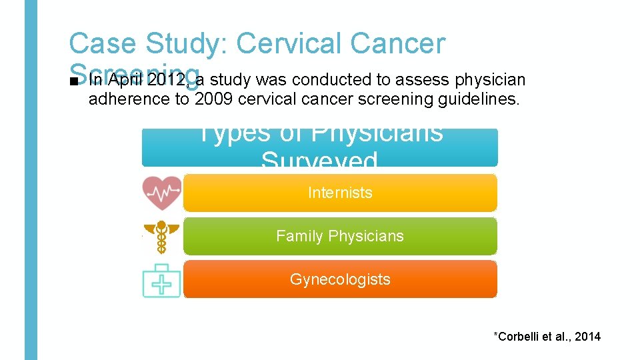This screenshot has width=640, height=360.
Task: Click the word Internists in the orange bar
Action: click(340, 193)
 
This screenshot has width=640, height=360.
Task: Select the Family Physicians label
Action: click(340, 236)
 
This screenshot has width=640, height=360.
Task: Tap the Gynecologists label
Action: click(340, 279)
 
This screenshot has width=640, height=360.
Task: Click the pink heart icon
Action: click(161, 193)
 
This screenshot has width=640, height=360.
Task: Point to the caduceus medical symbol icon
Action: click(161, 237)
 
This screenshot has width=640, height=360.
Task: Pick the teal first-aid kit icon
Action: click(161, 279)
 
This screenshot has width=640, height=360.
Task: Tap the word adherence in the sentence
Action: click(119, 100)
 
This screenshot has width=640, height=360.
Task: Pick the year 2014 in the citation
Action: click(587, 337)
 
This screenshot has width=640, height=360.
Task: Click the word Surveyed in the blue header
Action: click(319, 160)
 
